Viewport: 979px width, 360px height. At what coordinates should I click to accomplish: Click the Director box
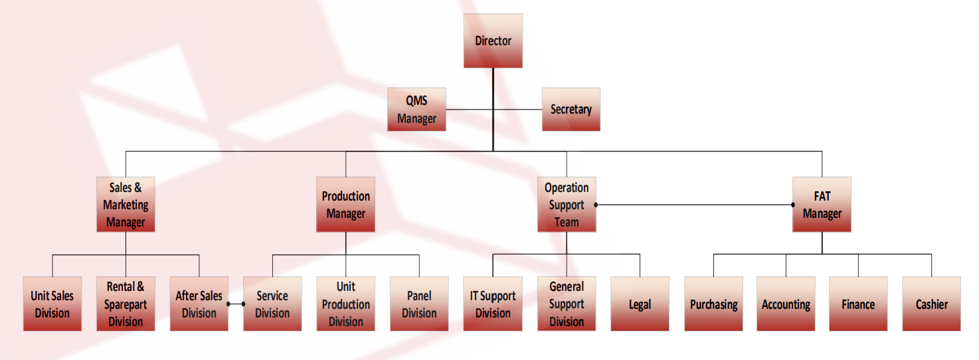[493, 41]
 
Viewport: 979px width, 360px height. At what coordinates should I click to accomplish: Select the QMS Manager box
[416, 110]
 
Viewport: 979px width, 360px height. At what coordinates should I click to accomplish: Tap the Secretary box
[571, 110]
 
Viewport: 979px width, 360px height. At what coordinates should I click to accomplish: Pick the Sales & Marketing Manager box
[126, 205]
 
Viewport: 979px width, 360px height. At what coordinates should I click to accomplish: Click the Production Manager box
[345, 205]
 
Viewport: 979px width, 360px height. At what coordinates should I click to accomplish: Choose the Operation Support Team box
[567, 205]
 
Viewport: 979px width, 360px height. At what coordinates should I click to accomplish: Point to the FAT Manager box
[822, 205]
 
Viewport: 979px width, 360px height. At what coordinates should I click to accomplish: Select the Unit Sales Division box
[52, 304]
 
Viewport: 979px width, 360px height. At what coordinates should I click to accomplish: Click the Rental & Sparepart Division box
[126, 304]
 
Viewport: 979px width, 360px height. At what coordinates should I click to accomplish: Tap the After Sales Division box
[199, 304]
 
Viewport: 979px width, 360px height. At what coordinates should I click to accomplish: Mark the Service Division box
[272, 304]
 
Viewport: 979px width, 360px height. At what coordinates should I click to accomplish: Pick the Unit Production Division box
[345, 304]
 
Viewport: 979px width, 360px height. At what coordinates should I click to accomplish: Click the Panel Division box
[419, 304]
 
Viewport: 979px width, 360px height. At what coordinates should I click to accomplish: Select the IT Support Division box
[493, 304]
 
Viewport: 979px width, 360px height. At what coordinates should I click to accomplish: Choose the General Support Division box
[567, 304]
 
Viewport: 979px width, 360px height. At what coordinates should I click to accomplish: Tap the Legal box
[640, 304]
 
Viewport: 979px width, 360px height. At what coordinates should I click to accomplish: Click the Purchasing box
[713, 304]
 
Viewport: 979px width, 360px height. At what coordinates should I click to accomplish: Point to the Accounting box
[786, 304]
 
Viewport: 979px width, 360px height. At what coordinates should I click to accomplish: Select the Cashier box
[931, 304]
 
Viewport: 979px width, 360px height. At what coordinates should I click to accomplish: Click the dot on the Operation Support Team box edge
[596, 205]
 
